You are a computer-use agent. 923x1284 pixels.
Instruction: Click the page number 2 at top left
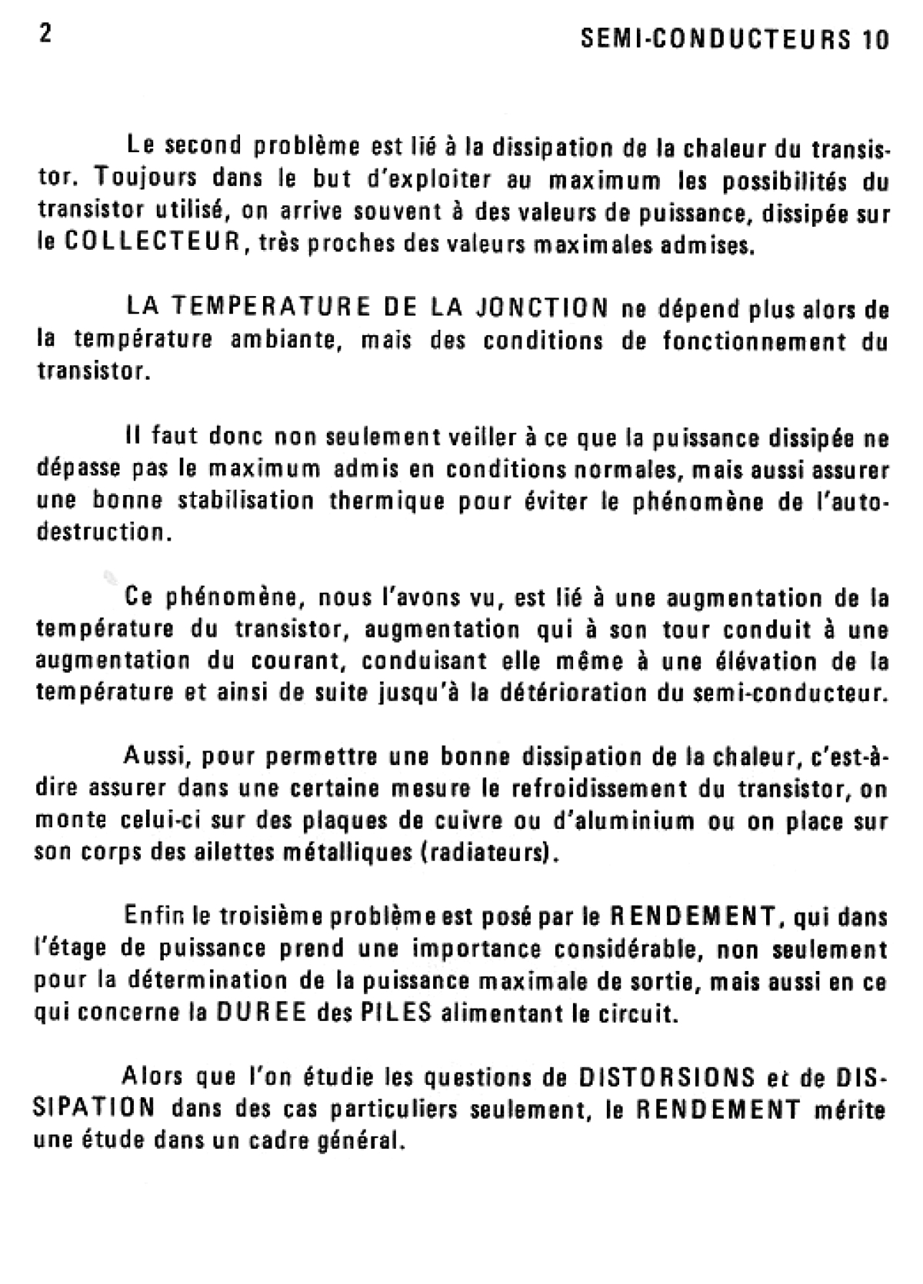[45, 35]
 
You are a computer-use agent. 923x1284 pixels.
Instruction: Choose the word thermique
[382, 501]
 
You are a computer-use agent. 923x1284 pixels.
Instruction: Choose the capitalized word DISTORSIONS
[666, 1076]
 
